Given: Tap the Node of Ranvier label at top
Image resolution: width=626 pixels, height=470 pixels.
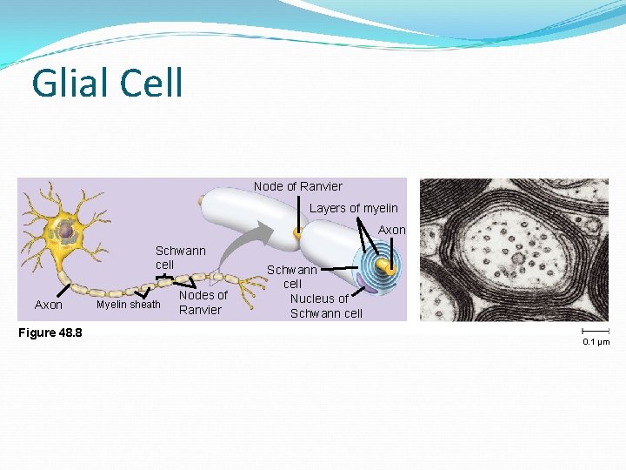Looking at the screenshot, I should (x=297, y=186).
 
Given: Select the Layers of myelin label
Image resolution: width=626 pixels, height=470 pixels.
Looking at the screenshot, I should (x=353, y=208).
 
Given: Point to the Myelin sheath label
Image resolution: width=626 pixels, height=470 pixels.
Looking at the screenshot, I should (x=128, y=305).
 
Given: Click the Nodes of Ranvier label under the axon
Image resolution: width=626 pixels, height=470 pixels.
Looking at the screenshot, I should (x=203, y=302).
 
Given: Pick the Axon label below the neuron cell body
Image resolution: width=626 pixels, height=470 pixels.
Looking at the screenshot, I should (x=48, y=305).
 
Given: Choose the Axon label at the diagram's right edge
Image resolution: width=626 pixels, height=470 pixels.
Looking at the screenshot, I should (x=391, y=230).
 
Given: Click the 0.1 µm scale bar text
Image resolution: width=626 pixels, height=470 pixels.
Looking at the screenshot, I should (x=596, y=342).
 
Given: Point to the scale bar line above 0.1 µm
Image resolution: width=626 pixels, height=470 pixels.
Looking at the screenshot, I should (x=596, y=332).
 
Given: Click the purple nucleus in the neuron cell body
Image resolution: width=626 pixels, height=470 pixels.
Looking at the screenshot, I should (x=63, y=231).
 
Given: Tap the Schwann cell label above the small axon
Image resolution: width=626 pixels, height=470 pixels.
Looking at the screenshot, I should (x=180, y=257).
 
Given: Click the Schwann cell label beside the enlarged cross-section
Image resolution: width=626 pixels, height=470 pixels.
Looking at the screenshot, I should (x=292, y=277).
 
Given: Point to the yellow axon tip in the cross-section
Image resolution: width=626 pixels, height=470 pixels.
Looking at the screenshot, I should (x=390, y=271).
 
